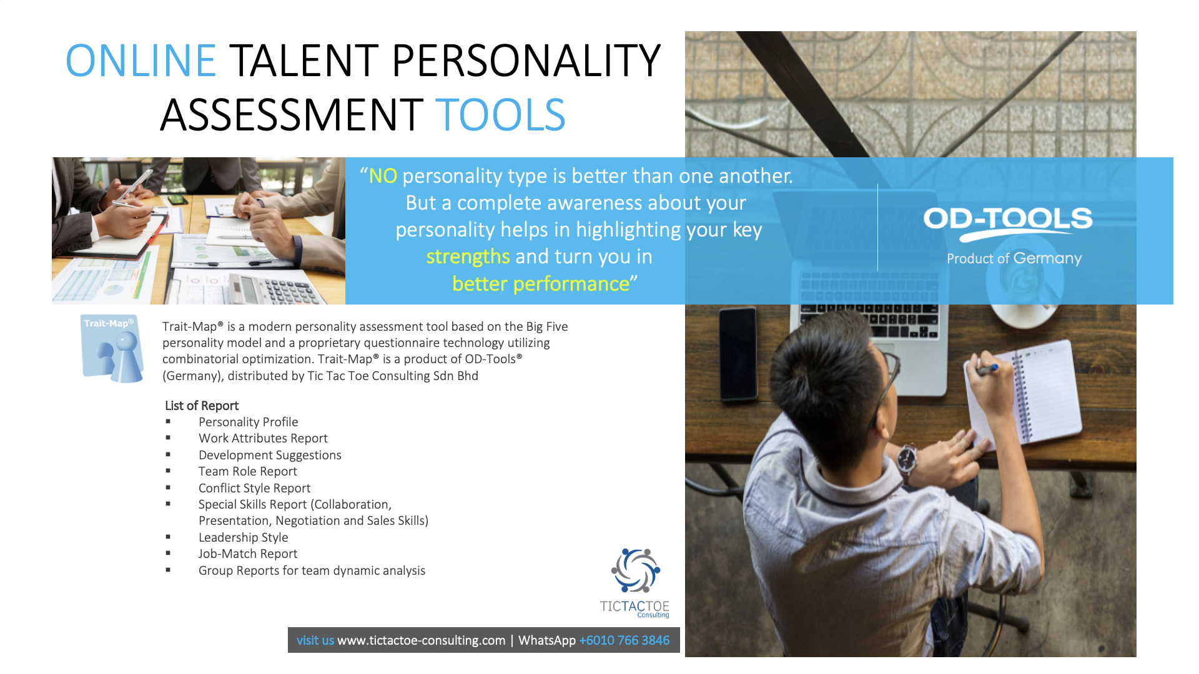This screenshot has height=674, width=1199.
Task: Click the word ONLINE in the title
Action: pos(141,61)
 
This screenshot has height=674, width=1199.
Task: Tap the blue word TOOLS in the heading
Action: pos(500,115)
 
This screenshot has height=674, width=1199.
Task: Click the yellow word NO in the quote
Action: pos(383,176)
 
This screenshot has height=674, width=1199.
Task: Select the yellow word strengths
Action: pos(468,256)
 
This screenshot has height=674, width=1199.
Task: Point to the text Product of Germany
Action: pos(1014,258)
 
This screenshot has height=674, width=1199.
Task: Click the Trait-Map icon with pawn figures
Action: pos(112,348)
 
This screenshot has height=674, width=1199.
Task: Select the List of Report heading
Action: pos(202,406)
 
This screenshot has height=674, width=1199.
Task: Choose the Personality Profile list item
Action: pos(249,422)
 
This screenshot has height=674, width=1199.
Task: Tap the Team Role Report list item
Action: pos(248,471)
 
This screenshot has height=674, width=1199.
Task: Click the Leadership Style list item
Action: pos(244,537)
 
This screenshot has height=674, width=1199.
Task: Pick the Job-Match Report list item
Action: pos(248,554)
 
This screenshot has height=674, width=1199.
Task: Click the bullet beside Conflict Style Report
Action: pos(168,487)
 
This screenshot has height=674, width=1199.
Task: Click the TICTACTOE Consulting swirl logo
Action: pos(635,570)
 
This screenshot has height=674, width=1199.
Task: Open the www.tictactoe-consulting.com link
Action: pos(422,640)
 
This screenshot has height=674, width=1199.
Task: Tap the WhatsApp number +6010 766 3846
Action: pos(624,640)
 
